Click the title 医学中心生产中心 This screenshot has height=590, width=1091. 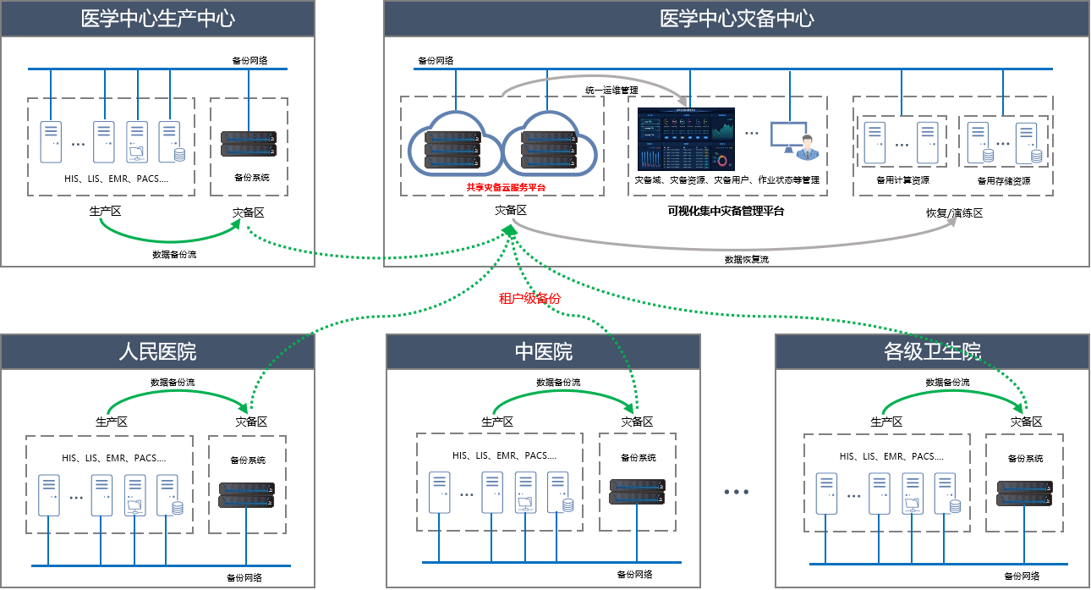[157, 19]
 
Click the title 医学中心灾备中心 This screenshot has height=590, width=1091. [737, 19]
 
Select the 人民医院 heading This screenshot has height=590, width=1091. [157, 352]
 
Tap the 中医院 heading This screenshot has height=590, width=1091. [543, 352]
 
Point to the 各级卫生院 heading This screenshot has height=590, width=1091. [932, 352]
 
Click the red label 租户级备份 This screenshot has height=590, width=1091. [529, 298]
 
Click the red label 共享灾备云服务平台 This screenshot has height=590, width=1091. [506, 187]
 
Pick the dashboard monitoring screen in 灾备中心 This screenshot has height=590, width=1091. [686, 140]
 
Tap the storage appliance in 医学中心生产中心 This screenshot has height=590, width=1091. [249, 143]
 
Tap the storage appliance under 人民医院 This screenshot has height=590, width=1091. [247, 494]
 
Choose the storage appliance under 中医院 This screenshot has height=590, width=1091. [637, 492]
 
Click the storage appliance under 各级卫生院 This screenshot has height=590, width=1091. [1024, 493]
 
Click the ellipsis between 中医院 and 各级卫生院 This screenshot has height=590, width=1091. [737, 492]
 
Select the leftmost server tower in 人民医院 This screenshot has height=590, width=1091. [49, 494]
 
